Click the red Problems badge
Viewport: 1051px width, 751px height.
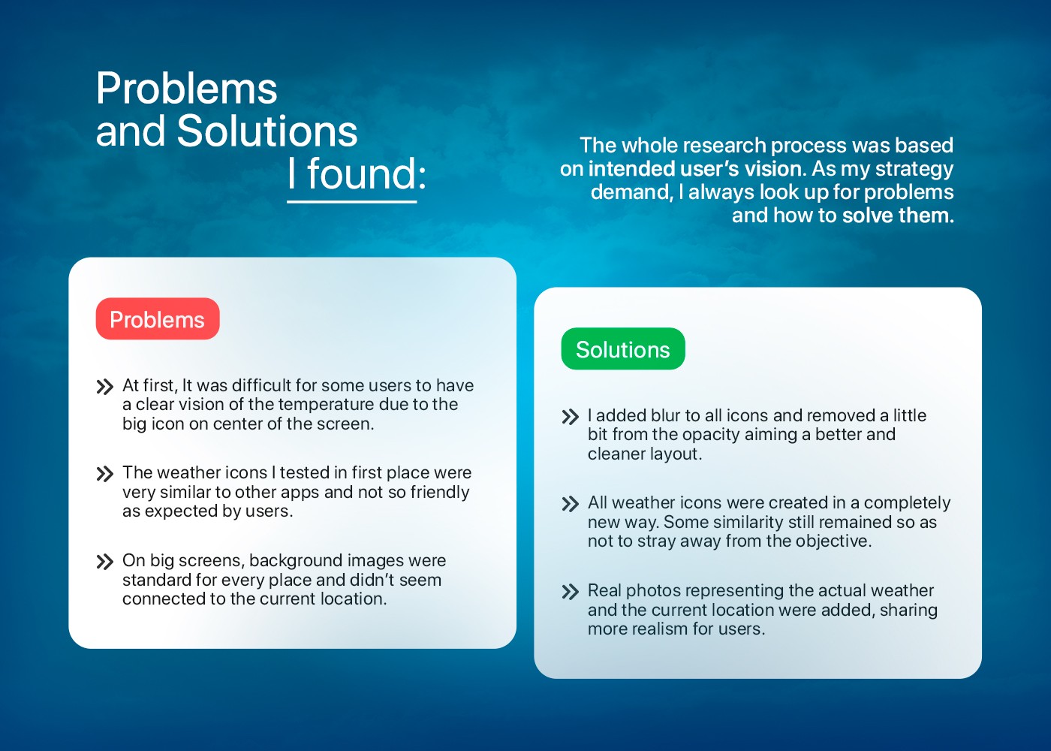158,318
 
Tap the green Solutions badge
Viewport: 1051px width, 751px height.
623,348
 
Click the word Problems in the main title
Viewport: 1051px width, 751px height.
187,89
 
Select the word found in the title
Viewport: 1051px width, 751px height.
361,173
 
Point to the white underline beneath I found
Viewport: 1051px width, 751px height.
352,202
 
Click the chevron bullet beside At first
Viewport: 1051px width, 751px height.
104,387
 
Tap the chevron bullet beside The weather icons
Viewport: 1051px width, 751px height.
104,474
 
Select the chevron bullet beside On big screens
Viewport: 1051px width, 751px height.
104,562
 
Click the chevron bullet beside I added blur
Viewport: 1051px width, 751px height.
570,416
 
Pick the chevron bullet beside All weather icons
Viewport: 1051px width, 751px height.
570,504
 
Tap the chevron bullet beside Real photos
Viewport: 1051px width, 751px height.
570,592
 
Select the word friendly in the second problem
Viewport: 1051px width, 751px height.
440,493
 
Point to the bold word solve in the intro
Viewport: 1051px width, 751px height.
866,216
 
